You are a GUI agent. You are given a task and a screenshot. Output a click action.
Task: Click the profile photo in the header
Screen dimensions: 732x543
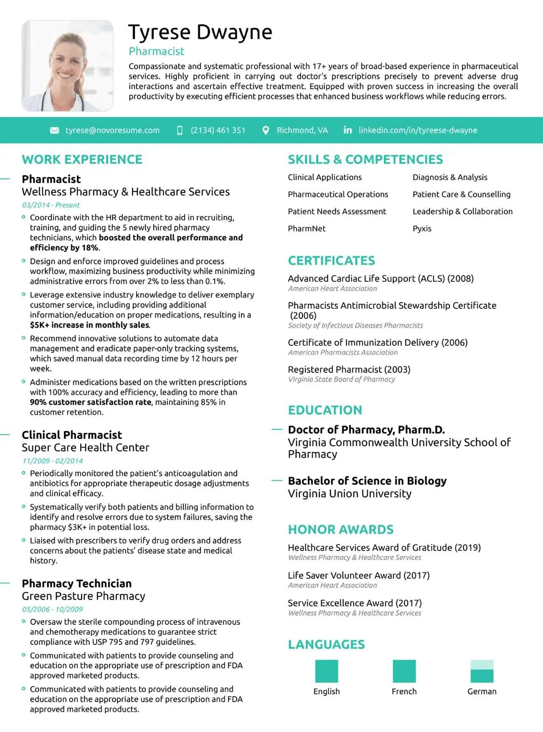(x=67, y=66)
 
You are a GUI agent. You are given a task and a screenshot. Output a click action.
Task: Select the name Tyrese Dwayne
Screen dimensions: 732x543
(x=200, y=32)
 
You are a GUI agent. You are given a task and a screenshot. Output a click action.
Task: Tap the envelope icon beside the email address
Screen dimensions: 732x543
(x=55, y=130)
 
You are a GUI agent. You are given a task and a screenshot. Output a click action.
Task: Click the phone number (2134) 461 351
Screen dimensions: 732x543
(x=218, y=130)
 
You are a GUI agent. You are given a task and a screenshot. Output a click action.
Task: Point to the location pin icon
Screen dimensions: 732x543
(x=266, y=130)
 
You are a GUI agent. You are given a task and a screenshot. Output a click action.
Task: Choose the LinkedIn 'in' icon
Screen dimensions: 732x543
(x=347, y=130)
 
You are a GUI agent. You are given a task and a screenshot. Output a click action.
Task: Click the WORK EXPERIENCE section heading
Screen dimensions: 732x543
(x=82, y=160)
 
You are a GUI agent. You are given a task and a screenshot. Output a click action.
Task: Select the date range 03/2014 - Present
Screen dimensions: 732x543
(x=51, y=205)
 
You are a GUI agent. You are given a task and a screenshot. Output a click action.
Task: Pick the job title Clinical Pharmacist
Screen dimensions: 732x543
(x=72, y=435)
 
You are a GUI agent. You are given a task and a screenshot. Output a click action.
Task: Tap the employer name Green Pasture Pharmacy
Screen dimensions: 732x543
(x=84, y=596)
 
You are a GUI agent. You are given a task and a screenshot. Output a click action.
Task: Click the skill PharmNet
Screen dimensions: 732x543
(x=307, y=229)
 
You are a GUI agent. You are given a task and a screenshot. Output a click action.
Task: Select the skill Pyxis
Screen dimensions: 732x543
(x=422, y=229)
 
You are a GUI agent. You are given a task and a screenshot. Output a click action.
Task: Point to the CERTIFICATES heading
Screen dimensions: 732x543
(x=331, y=261)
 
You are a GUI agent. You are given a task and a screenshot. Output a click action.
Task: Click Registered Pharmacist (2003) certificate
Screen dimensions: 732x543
(x=349, y=370)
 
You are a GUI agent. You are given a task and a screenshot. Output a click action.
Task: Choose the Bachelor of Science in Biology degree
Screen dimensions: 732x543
(x=367, y=481)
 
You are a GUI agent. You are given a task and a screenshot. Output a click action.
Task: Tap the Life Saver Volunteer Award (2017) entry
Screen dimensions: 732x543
(x=359, y=575)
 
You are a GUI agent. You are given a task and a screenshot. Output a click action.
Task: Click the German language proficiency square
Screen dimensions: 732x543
(x=482, y=671)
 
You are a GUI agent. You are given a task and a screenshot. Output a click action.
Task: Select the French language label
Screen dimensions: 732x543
(x=404, y=691)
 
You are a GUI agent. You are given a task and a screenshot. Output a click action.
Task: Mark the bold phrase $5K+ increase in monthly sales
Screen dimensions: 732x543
(x=90, y=325)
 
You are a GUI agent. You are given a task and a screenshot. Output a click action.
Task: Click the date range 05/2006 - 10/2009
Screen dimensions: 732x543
(x=53, y=609)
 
